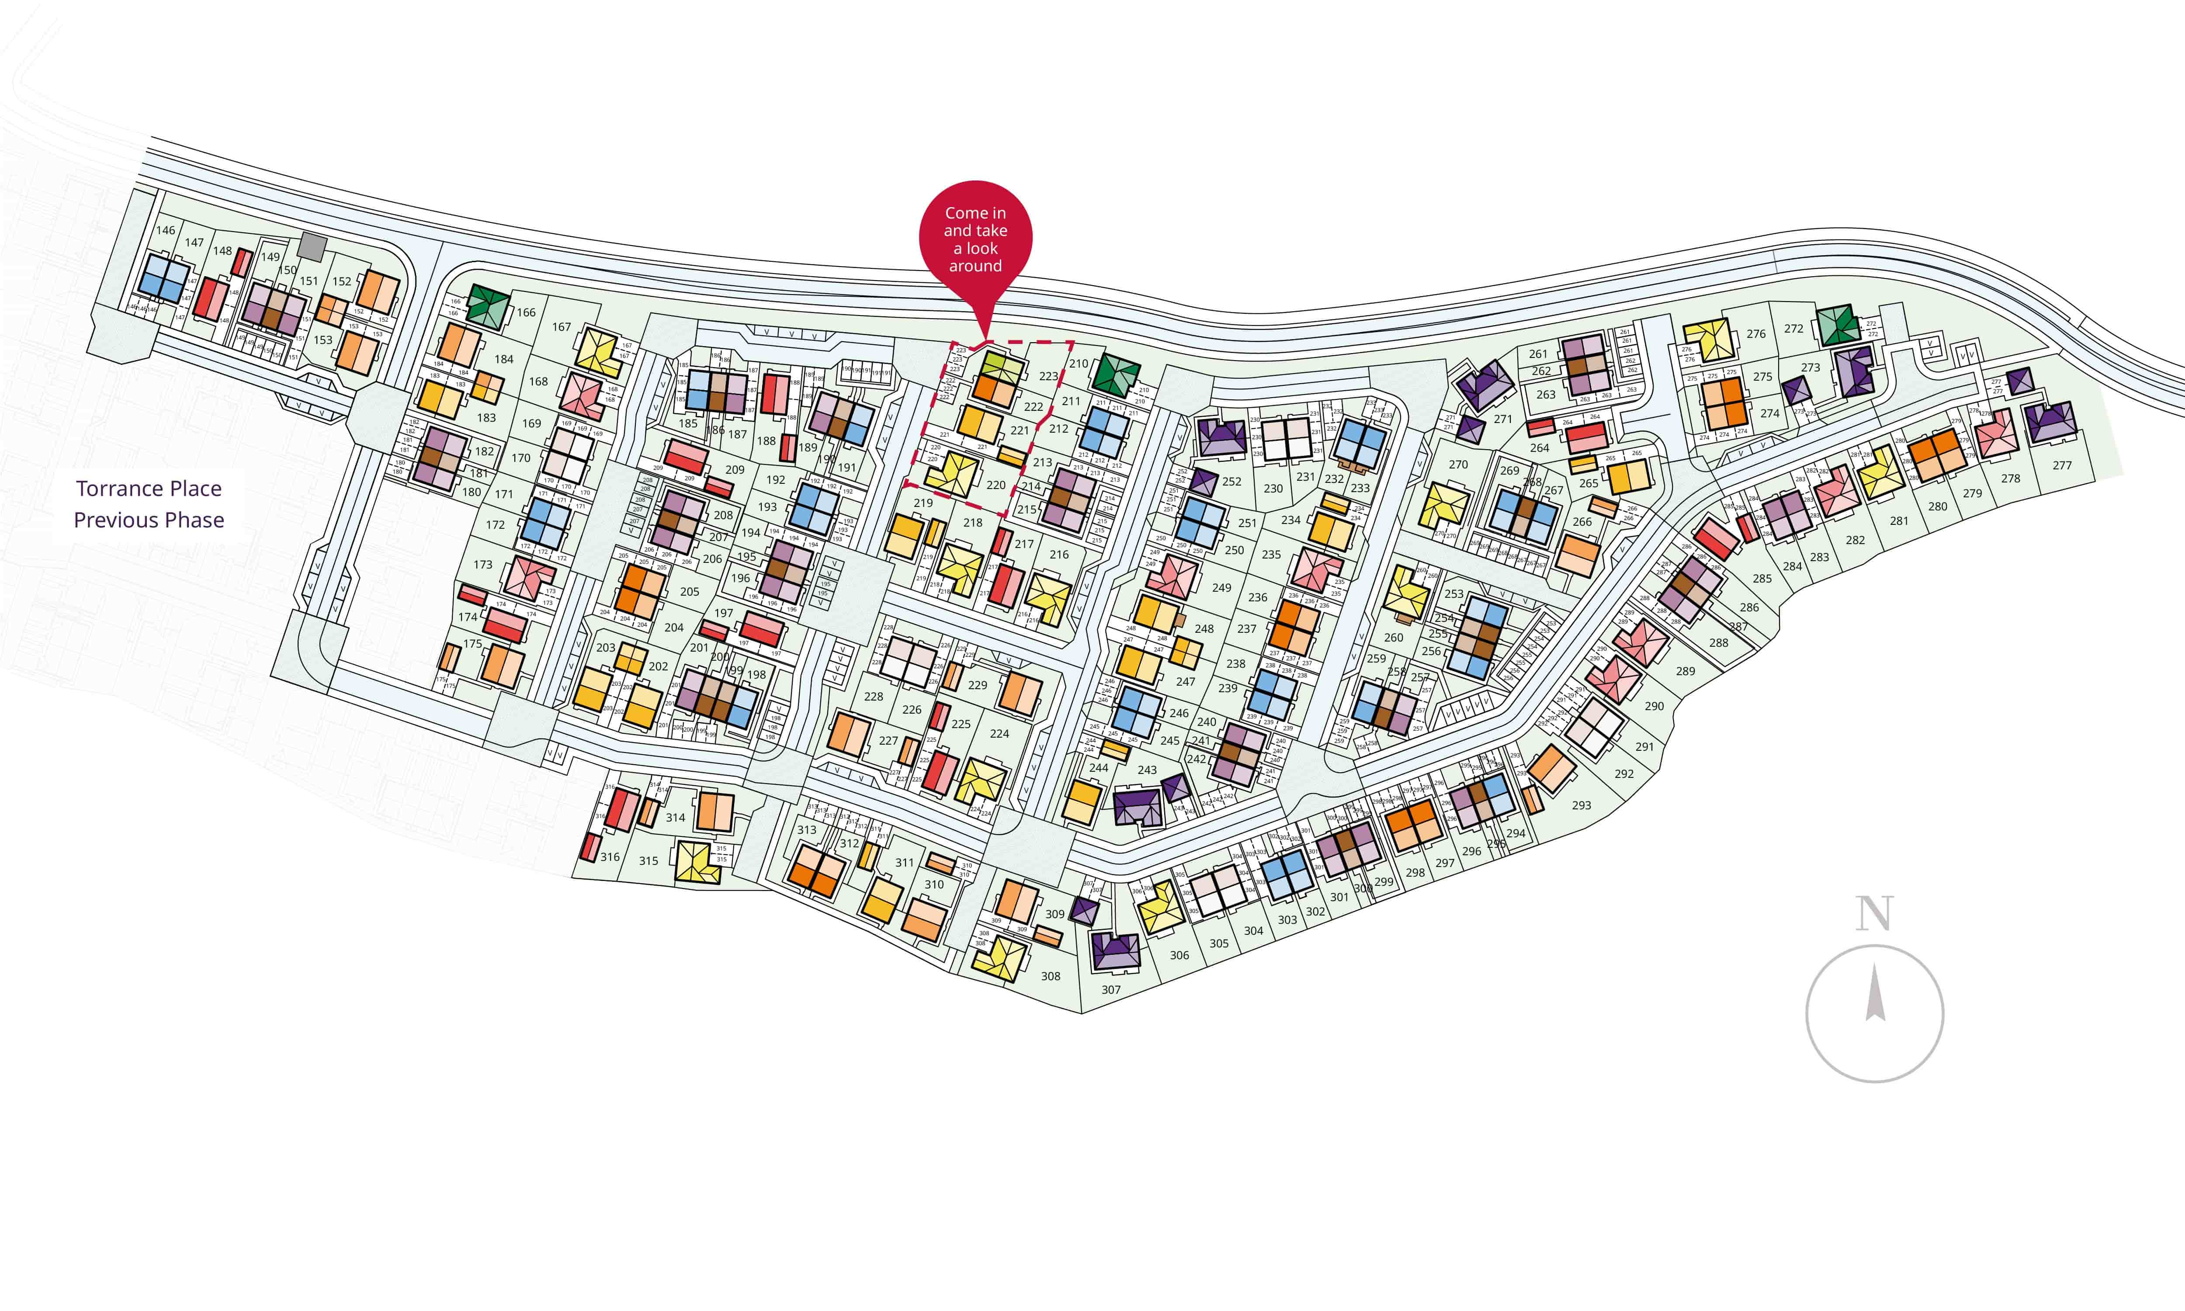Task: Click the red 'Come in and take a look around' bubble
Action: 975,239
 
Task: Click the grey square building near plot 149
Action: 312,246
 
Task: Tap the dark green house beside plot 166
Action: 485,305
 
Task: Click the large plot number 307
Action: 1111,989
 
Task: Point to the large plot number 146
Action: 165,230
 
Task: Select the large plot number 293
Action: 1581,805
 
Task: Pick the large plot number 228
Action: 874,696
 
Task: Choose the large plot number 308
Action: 1050,975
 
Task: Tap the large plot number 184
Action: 503,359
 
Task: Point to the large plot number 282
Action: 1855,540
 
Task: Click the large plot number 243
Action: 1146,770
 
